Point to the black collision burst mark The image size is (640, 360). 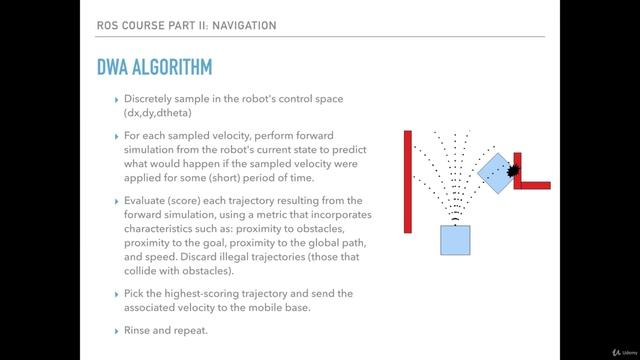coord(514,172)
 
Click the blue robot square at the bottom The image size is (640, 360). coord(455,240)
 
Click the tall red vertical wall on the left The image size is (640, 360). coord(408,181)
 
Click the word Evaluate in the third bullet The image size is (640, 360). coord(147,201)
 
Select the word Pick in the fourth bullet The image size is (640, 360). coord(135,293)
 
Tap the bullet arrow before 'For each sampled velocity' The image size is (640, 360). coord(117,135)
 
